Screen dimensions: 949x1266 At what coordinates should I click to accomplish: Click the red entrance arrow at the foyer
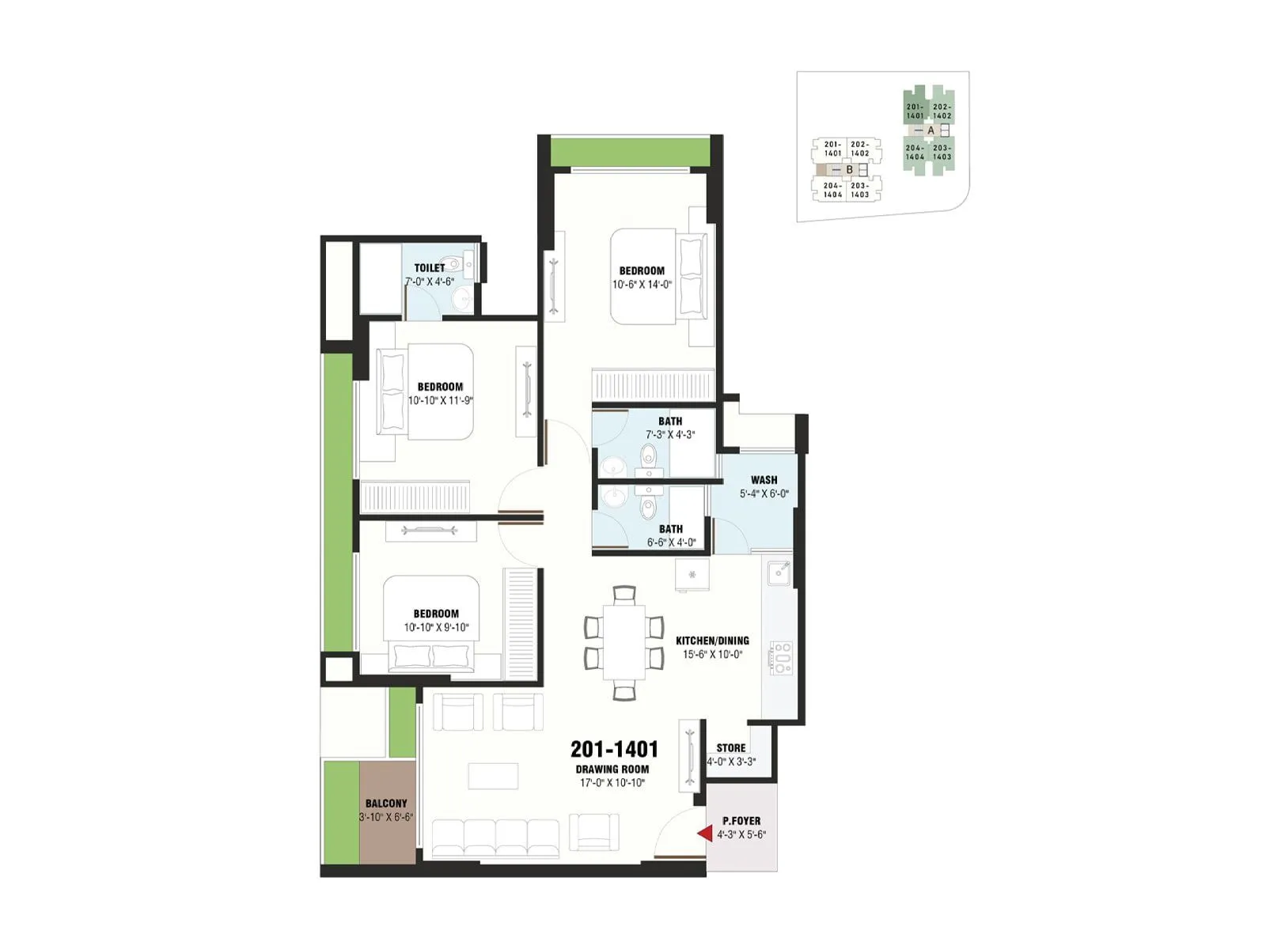tap(703, 834)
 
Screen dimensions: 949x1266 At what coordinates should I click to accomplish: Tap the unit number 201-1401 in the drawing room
tap(614, 749)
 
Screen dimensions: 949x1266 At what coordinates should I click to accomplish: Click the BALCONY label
tap(386, 803)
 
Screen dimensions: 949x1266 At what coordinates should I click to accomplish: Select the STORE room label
tap(731, 748)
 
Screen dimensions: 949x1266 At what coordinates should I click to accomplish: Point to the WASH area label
tap(764, 480)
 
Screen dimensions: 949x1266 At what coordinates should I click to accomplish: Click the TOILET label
tap(430, 268)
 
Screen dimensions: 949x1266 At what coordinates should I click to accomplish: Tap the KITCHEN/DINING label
tap(712, 641)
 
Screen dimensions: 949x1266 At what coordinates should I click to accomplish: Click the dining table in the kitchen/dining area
tap(624, 642)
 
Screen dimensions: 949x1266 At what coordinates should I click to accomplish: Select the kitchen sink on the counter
tap(779, 573)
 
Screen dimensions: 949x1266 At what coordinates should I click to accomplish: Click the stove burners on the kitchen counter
tap(782, 658)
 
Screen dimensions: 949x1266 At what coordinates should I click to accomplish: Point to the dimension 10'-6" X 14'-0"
tap(642, 285)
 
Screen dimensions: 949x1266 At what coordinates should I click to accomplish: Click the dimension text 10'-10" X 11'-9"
tap(440, 401)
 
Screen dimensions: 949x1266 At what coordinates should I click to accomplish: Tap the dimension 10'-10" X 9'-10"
tap(436, 628)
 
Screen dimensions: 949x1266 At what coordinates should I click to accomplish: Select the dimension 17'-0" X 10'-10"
tap(612, 783)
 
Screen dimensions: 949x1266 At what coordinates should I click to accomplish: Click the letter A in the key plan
tap(931, 130)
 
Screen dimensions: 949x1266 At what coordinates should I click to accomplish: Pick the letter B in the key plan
tap(850, 169)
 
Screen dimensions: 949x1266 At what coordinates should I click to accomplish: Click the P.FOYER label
tap(741, 821)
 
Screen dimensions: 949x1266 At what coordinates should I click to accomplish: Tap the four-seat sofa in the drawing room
tap(496, 837)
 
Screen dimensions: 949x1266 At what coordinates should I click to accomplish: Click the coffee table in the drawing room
tap(493, 776)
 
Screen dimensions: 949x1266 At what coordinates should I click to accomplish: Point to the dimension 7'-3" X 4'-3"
tap(670, 435)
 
